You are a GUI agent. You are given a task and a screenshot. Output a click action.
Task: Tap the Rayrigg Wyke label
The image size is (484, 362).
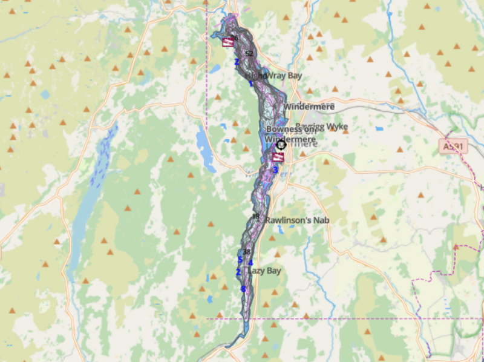coord(321,127)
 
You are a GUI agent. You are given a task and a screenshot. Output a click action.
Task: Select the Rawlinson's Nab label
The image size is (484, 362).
coord(296,220)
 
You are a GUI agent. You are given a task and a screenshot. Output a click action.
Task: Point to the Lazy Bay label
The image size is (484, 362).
coord(265,271)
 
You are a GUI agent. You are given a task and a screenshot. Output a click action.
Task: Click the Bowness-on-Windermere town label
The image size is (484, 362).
coord(290,134)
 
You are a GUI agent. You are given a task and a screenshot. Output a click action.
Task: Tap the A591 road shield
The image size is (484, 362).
coord(455,146)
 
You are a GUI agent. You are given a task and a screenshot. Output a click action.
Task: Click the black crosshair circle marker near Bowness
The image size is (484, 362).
coord(281,145)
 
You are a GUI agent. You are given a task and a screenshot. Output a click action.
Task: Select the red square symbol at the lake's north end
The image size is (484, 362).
coord(228,42)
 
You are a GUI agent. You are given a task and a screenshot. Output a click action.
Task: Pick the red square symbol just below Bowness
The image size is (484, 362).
coord(278,157)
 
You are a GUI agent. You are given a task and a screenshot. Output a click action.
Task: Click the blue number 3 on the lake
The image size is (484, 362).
coord(275,170)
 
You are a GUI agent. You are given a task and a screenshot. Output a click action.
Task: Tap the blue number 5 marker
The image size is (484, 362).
coord(240,260)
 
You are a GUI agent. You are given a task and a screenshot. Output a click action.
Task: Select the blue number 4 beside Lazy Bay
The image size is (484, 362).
coord(250,263)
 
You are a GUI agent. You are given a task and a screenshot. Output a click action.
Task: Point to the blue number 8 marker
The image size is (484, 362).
coord(244,289)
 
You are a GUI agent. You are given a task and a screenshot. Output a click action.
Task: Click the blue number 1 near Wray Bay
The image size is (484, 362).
coord(250,84)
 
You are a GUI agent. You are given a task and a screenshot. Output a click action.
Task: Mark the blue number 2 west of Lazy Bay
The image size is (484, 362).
coord(238,272)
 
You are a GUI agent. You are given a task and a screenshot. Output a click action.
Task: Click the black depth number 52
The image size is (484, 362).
coord(249,54)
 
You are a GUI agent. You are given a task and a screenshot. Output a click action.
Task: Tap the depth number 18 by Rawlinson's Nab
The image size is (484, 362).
coord(255,217)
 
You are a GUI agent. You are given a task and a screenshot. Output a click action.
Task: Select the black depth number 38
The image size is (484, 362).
coord(246,252)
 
